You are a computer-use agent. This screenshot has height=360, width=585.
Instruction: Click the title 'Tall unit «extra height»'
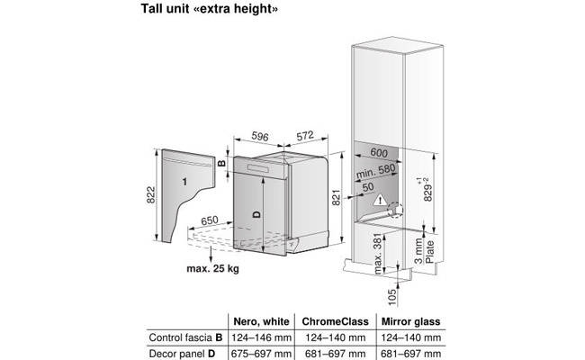210,9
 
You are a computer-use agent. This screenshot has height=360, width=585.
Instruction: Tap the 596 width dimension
260,136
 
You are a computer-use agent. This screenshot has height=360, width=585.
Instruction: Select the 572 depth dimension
305,136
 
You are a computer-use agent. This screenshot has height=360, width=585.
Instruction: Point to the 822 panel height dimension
150,194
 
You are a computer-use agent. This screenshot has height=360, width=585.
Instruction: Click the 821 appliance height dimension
337,197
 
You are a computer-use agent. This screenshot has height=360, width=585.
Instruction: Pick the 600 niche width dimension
379,152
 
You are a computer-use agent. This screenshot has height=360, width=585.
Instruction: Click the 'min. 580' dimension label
375,171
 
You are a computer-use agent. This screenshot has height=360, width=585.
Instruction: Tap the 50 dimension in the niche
368,187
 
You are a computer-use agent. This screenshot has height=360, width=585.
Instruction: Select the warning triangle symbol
380,200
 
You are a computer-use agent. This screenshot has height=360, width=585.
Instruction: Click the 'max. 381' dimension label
378,254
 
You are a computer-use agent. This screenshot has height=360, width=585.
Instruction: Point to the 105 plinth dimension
391,297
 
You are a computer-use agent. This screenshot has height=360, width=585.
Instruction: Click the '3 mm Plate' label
424,251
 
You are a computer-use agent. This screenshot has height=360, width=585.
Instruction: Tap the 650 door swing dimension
210,220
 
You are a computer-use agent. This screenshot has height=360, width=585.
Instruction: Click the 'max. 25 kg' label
212,268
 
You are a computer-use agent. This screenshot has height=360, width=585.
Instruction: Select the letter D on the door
256,214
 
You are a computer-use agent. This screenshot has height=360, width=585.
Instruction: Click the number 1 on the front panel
184,182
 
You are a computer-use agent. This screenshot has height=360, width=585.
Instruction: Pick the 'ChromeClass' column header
335,321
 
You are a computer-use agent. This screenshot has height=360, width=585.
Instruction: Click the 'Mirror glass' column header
410,321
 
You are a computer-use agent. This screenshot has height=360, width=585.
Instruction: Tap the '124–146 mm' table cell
262,337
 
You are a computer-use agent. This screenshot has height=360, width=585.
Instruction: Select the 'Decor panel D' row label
182,354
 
